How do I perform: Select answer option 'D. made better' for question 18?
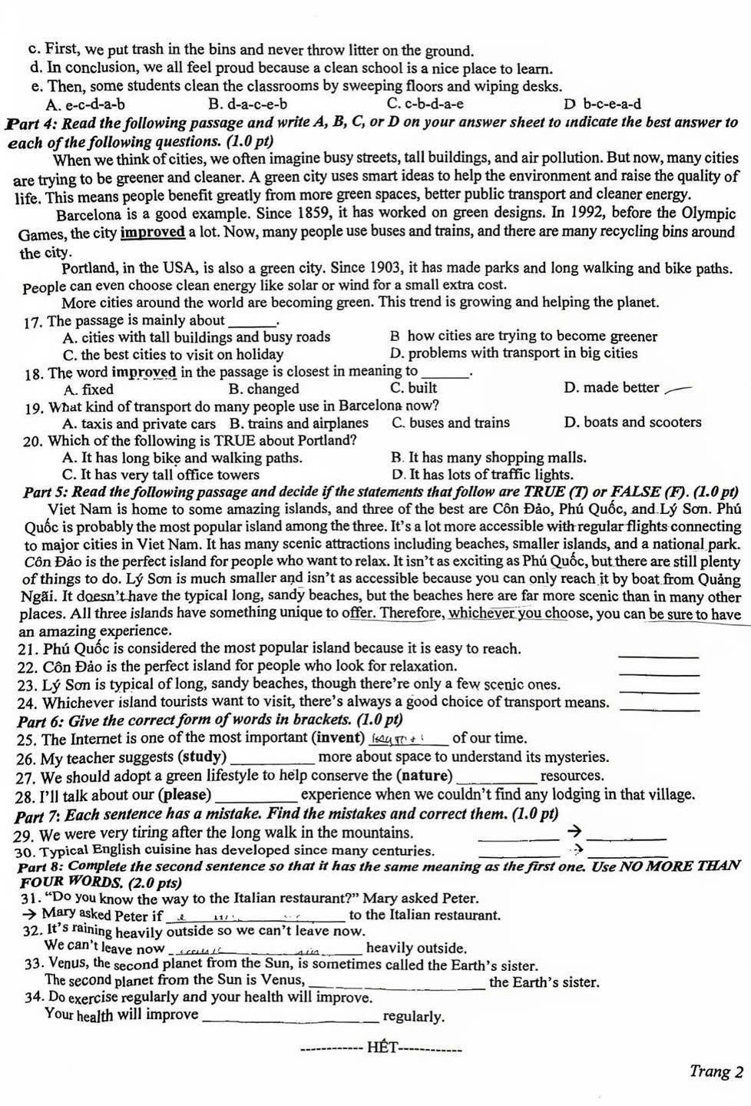tap(611, 388)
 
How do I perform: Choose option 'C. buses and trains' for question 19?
tap(450, 422)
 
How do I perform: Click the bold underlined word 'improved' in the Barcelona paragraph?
tap(154, 232)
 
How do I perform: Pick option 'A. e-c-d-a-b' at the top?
tap(85, 104)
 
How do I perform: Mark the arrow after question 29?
tap(571, 832)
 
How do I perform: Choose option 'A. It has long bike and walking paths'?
tap(182, 458)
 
